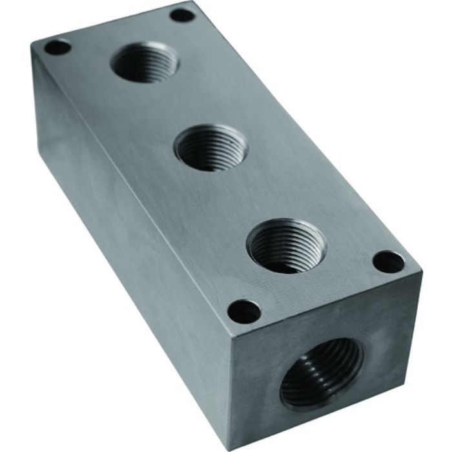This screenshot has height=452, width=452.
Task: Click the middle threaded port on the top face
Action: tap(211, 147)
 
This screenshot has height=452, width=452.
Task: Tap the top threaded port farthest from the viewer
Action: tap(145, 62)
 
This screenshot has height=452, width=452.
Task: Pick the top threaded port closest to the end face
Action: tap(286, 245)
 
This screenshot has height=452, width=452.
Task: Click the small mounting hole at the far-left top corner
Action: tap(57, 47)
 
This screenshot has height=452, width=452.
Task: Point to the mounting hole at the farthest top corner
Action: tap(182, 14)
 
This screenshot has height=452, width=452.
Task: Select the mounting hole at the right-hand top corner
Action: tap(389, 262)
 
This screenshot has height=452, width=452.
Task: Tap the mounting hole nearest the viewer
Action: tap(244, 312)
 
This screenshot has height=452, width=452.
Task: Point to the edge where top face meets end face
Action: tap(323, 303)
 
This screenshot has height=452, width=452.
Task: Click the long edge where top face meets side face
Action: tap(129, 187)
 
